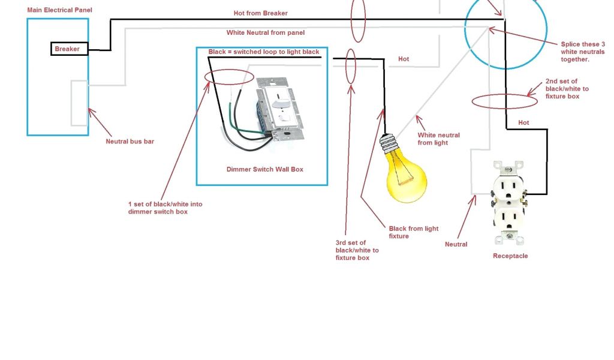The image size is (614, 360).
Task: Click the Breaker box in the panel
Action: point(67,49)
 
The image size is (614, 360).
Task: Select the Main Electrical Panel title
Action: point(59,10)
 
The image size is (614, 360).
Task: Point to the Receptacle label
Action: point(510,256)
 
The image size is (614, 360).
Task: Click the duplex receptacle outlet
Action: point(508,202)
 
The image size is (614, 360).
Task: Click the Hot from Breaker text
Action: point(260,13)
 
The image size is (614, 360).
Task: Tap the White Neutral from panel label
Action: point(266,32)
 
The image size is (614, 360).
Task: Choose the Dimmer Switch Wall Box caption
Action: point(265,169)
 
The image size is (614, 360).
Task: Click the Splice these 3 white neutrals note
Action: point(583,52)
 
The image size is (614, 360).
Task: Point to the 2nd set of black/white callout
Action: point(567,88)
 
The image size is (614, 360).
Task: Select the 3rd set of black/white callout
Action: point(357,250)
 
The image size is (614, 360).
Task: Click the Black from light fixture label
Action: point(414,232)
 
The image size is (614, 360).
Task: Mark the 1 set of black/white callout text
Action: point(165,208)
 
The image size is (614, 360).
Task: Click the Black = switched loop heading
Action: point(264,52)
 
